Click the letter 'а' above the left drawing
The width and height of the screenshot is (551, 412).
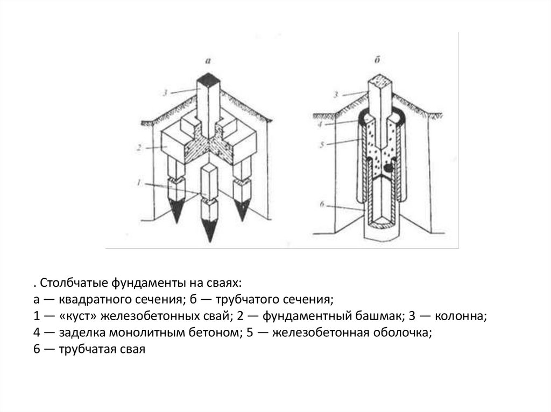click(208, 61)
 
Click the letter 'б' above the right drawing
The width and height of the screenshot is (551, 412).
click(377, 60)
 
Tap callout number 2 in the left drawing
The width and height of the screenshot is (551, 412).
click(139, 147)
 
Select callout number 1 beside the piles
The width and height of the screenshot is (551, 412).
click(139, 183)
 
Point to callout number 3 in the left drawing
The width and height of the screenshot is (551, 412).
click(165, 92)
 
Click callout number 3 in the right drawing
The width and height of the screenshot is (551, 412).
click(336, 95)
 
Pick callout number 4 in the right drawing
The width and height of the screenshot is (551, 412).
click(320, 124)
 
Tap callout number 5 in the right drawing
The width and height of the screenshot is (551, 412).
click(322, 144)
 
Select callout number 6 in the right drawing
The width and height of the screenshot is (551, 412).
click(322, 204)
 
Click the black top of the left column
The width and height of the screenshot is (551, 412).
click(208, 78)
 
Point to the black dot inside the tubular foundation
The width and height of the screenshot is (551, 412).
click(387, 168)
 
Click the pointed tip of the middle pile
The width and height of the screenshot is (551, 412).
click(210, 242)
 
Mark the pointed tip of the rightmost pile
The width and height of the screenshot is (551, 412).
click(242, 220)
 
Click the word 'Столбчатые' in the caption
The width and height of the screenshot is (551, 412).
click(74, 283)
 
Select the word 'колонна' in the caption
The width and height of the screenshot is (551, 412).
click(461, 316)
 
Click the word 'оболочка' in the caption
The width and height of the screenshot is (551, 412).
click(402, 333)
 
